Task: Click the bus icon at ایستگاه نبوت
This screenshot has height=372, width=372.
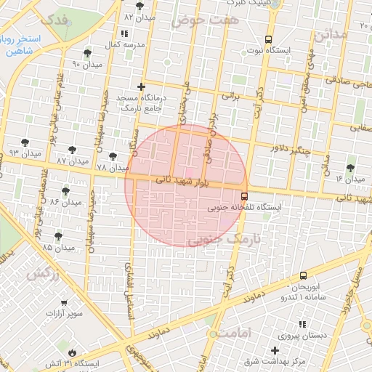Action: (x=269, y=39)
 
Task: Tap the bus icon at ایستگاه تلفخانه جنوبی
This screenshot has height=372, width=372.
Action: (x=243, y=195)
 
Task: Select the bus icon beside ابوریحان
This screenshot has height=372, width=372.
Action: (x=303, y=275)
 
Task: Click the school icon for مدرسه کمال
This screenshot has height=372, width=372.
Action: (x=124, y=33)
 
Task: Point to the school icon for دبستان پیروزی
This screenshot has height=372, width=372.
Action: (x=302, y=324)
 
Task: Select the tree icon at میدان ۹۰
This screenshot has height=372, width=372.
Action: (x=88, y=53)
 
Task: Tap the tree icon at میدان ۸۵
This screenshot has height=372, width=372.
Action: (x=57, y=235)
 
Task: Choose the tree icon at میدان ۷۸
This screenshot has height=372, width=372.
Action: (x=112, y=155)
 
